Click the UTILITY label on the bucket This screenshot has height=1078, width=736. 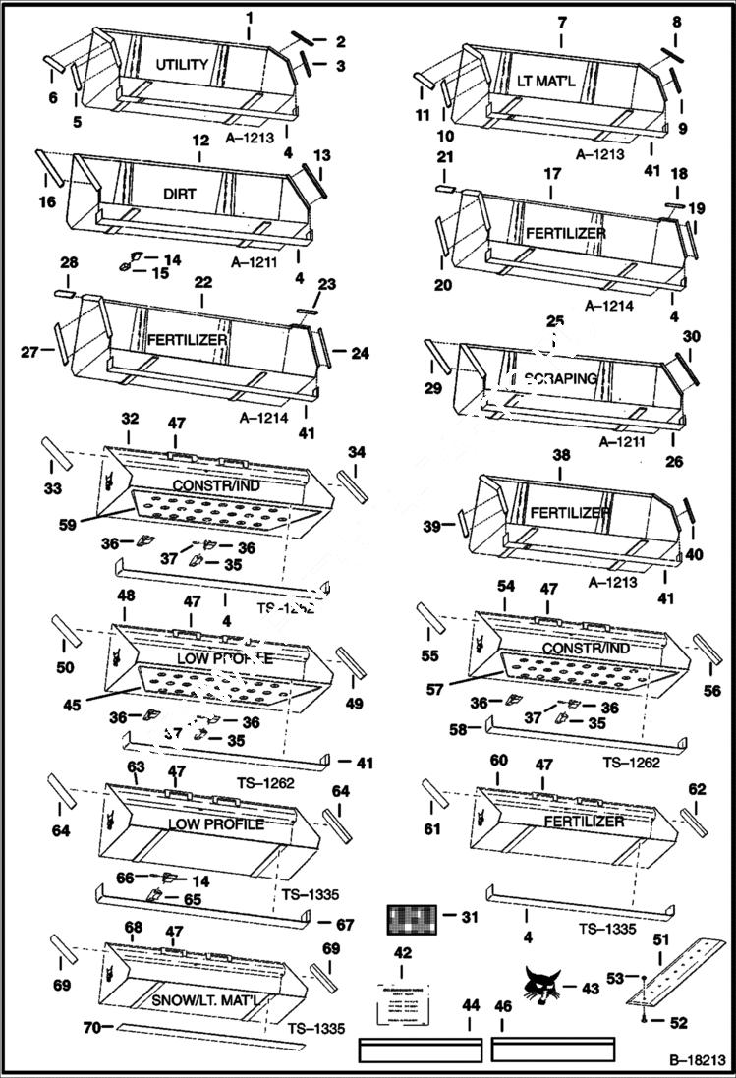click(x=182, y=65)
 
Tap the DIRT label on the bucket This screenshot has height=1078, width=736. click(x=180, y=194)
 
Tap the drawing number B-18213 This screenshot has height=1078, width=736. click(x=698, y=1061)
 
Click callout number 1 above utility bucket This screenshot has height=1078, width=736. click(x=249, y=18)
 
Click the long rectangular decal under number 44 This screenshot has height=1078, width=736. click(x=420, y=1050)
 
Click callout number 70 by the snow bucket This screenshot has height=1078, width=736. click(x=91, y=1029)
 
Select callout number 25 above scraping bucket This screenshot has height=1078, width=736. click(x=555, y=321)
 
